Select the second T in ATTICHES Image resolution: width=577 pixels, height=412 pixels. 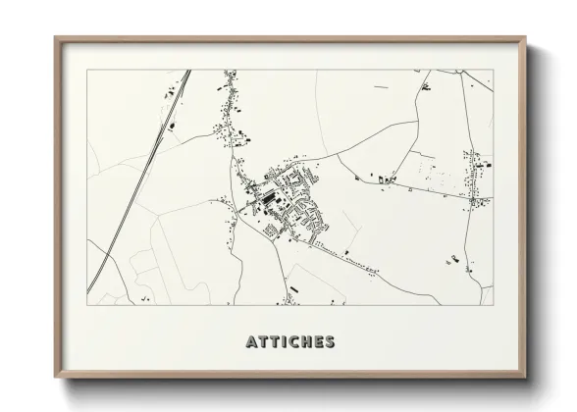(x=274, y=342)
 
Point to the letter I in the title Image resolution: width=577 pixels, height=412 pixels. (x=284, y=342)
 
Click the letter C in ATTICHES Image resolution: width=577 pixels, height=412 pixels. (x=293, y=342)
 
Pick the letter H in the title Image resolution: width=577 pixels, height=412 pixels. (x=306, y=342)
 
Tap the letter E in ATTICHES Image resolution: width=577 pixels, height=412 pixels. (x=319, y=342)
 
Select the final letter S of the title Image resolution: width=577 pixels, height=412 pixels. (x=331, y=342)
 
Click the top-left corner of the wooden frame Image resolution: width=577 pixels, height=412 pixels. (x=55, y=38)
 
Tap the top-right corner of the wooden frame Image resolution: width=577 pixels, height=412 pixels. (x=525, y=38)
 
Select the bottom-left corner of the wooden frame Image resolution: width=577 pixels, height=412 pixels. (x=55, y=378)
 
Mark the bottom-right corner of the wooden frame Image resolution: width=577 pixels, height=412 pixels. (x=525, y=378)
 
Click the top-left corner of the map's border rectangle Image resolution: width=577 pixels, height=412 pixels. (x=87, y=70)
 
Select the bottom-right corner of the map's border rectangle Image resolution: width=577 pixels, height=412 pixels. (x=493, y=305)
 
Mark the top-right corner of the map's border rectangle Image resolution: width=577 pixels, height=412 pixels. (x=493, y=70)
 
